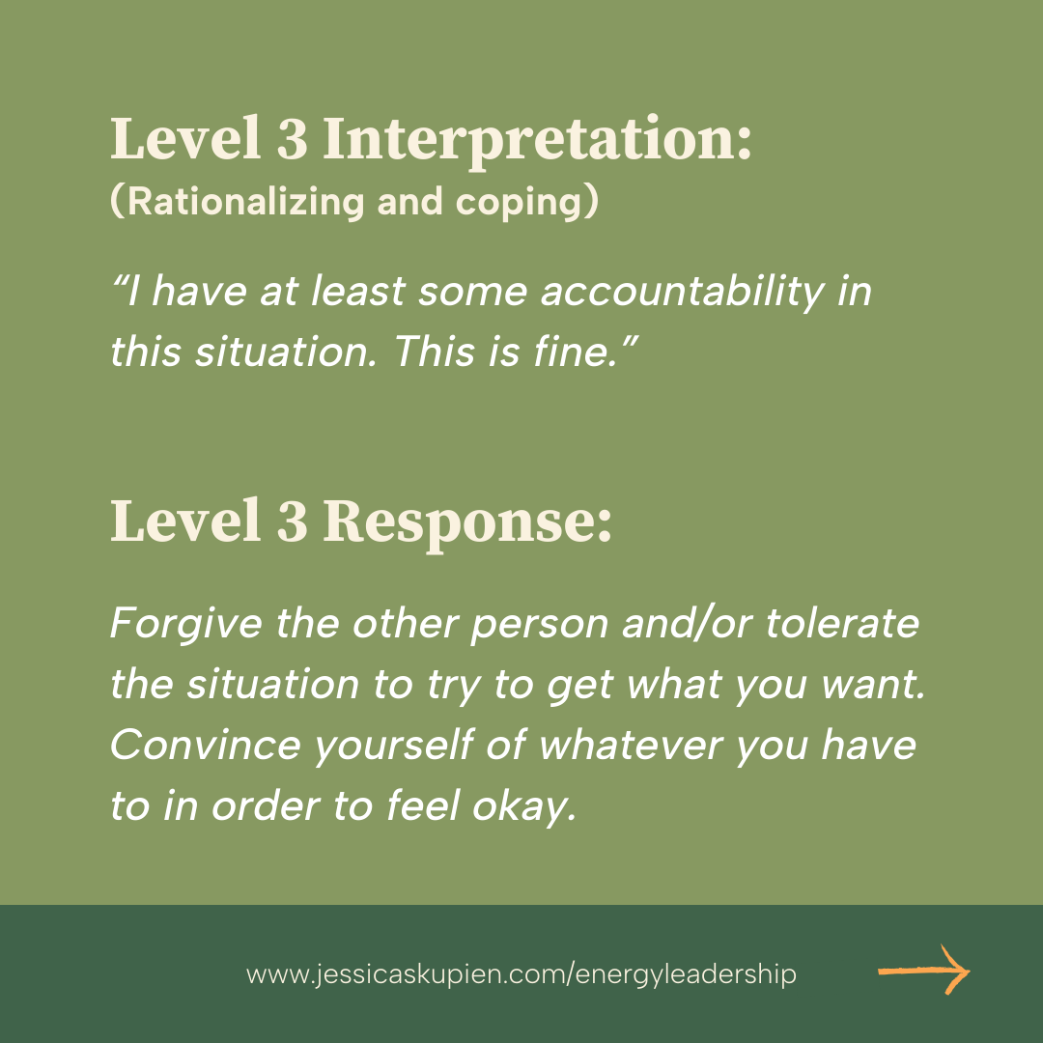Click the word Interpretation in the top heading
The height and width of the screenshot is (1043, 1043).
click(x=536, y=141)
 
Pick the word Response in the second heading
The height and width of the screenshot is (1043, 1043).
click(x=466, y=521)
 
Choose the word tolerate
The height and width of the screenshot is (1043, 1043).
click(x=842, y=624)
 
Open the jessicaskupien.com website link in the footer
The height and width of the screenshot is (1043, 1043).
click(x=521, y=973)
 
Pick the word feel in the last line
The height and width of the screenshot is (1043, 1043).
click(x=423, y=806)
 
